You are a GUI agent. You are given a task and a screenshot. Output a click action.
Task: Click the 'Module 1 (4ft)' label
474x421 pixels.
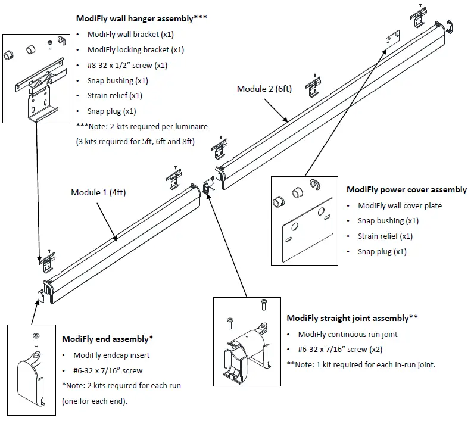click(98, 192)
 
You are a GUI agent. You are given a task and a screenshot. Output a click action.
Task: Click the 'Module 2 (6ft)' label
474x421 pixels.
click(264, 89)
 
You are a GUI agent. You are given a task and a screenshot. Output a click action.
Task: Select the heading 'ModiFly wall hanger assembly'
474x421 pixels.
click(142, 19)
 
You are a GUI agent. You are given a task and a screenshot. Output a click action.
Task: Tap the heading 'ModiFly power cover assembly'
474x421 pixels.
click(407, 190)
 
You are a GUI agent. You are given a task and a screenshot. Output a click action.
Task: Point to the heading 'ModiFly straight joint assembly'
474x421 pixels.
click(352, 319)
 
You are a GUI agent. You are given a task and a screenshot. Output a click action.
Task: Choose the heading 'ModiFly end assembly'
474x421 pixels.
click(107, 339)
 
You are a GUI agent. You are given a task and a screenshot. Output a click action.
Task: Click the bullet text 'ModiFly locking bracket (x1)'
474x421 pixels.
click(135, 50)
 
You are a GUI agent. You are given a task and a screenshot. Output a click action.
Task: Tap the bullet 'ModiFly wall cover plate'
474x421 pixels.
click(400, 205)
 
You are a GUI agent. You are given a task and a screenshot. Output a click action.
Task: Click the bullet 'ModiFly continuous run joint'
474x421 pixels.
click(348, 334)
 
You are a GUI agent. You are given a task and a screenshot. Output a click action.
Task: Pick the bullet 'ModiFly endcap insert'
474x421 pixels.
click(111, 355)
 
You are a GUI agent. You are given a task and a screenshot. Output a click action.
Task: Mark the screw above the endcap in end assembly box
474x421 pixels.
click(35, 338)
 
